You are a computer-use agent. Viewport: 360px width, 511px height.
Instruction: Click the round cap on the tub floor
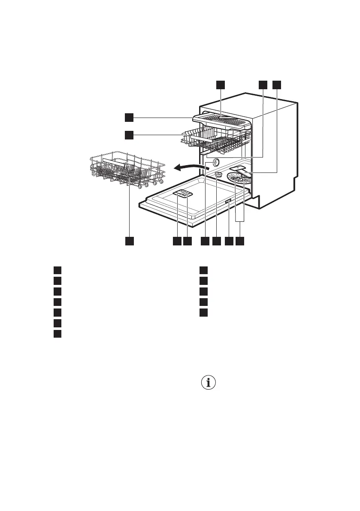(x=218, y=174)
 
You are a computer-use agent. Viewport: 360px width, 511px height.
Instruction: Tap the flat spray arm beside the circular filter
(x=240, y=170)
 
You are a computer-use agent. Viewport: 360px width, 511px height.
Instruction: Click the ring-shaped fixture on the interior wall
(x=213, y=162)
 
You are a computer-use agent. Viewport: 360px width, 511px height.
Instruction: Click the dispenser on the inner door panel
(x=183, y=194)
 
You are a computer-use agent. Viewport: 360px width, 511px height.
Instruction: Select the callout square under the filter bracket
(x=240, y=242)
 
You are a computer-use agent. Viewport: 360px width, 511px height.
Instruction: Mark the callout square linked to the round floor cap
(x=216, y=242)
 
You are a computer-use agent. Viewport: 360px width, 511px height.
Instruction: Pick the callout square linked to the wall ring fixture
(x=205, y=242)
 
